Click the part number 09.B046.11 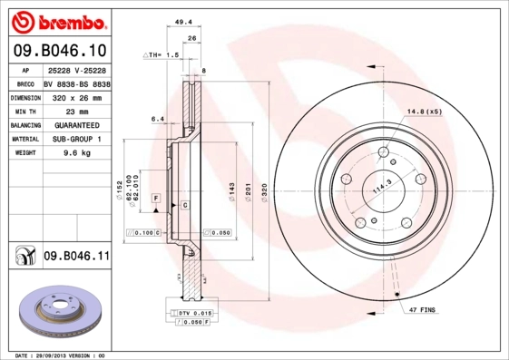[x=76, y=258]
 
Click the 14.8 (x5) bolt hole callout [x=423, y=112]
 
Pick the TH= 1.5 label [x=163, y=55]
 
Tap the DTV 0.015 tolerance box [x=189, y=313]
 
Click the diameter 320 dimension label [x=264, y=191]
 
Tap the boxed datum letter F [x=156, y=197]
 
